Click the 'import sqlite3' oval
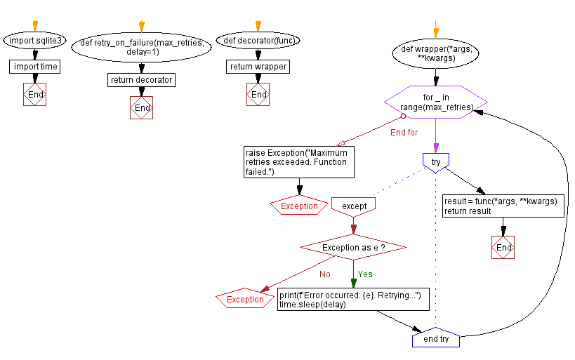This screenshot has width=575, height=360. click(x=34, y=41)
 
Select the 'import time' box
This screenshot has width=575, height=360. click(x=34, y=67)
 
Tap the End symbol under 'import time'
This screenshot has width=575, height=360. click(x=34, y=94)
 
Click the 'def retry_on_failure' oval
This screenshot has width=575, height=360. click(x=143, y=47)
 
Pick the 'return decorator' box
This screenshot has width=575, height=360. click(x=142, y=80)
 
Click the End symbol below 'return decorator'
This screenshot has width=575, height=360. click(x=142, y=107)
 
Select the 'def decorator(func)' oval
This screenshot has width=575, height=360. click(x=258, y=41)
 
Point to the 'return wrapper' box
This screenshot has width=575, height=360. click(x=258, y=67)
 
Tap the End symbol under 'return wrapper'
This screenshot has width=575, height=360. click(x=258, y=94)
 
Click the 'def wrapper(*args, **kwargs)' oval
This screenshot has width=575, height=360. click(x=436, y=54)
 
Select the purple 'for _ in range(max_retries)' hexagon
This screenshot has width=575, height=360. click(x=436, y=102)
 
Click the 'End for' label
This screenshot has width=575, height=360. click(x=404, y=132)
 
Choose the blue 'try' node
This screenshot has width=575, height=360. click(x=436, y=161)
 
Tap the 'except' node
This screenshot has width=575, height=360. click(x=353, y=206)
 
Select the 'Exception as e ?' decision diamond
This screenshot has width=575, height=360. click(x=353, y=248)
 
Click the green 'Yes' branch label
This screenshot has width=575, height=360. click(x=365, y=274)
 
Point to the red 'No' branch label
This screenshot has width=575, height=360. click(x=324, y=274)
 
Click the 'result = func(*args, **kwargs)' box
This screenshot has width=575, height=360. click(x=503, y=206)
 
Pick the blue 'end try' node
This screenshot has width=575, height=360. click(x=436, y=339)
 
